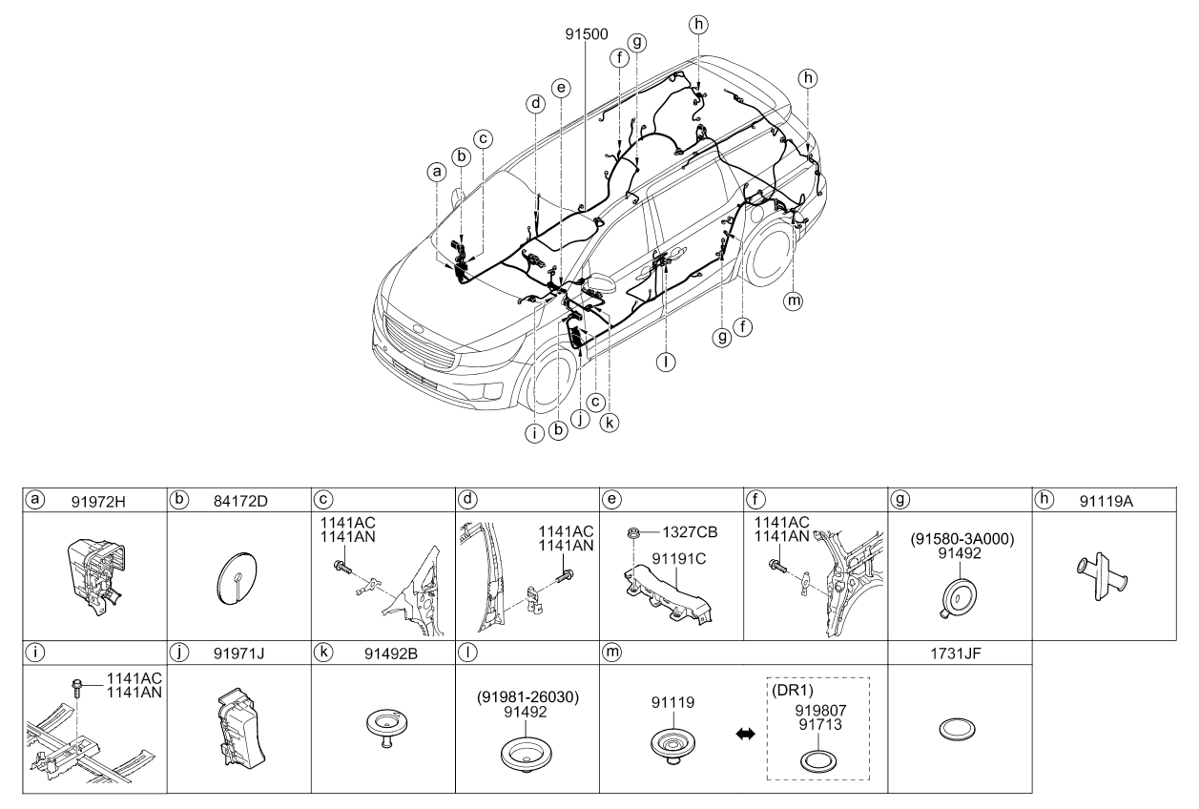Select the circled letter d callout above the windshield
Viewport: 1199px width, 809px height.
535,103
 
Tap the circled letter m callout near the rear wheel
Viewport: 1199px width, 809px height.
793,301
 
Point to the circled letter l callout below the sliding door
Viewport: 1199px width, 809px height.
666,363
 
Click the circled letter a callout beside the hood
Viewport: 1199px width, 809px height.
437,172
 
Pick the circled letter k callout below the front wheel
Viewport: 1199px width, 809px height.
610,423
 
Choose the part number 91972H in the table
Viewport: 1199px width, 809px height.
98,502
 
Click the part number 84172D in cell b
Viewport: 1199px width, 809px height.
240,501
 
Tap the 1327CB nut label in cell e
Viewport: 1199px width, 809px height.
690,532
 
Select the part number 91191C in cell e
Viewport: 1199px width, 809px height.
679,558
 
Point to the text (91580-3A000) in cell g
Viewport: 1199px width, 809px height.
962,539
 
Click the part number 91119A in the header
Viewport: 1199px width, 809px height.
1106,501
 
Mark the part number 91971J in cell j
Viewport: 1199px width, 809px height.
238,653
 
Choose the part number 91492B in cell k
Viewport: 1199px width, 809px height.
391,653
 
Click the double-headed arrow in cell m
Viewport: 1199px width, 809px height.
746,734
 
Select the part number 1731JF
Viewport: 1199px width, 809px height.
956,653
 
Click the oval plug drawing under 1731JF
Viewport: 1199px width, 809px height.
958,729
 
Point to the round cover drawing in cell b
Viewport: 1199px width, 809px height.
238,578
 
